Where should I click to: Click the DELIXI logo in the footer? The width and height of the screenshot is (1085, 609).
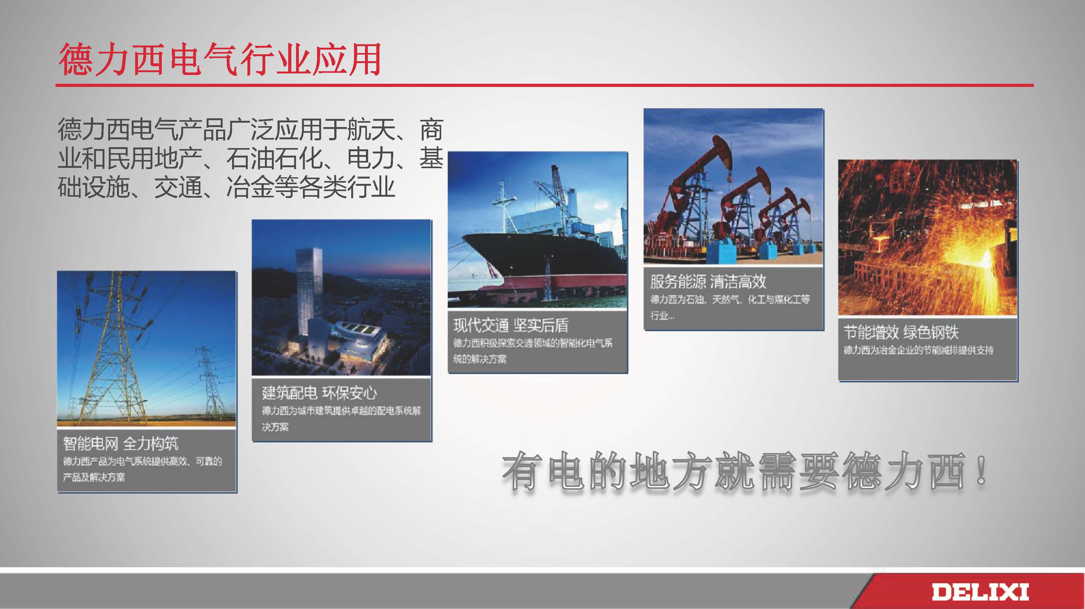click(980, 592)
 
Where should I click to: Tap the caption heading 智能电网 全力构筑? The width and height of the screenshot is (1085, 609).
click(120, 443)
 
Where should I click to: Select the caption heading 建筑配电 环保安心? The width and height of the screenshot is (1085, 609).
click(319, 393)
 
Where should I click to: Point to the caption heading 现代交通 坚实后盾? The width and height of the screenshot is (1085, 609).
click(511, 325)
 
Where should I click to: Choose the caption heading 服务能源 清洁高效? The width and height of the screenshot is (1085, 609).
click(708, 281)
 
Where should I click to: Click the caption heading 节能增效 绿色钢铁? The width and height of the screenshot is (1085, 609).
click(901, 332)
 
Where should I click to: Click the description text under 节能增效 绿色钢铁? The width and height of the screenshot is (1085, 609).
click(918, 350)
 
